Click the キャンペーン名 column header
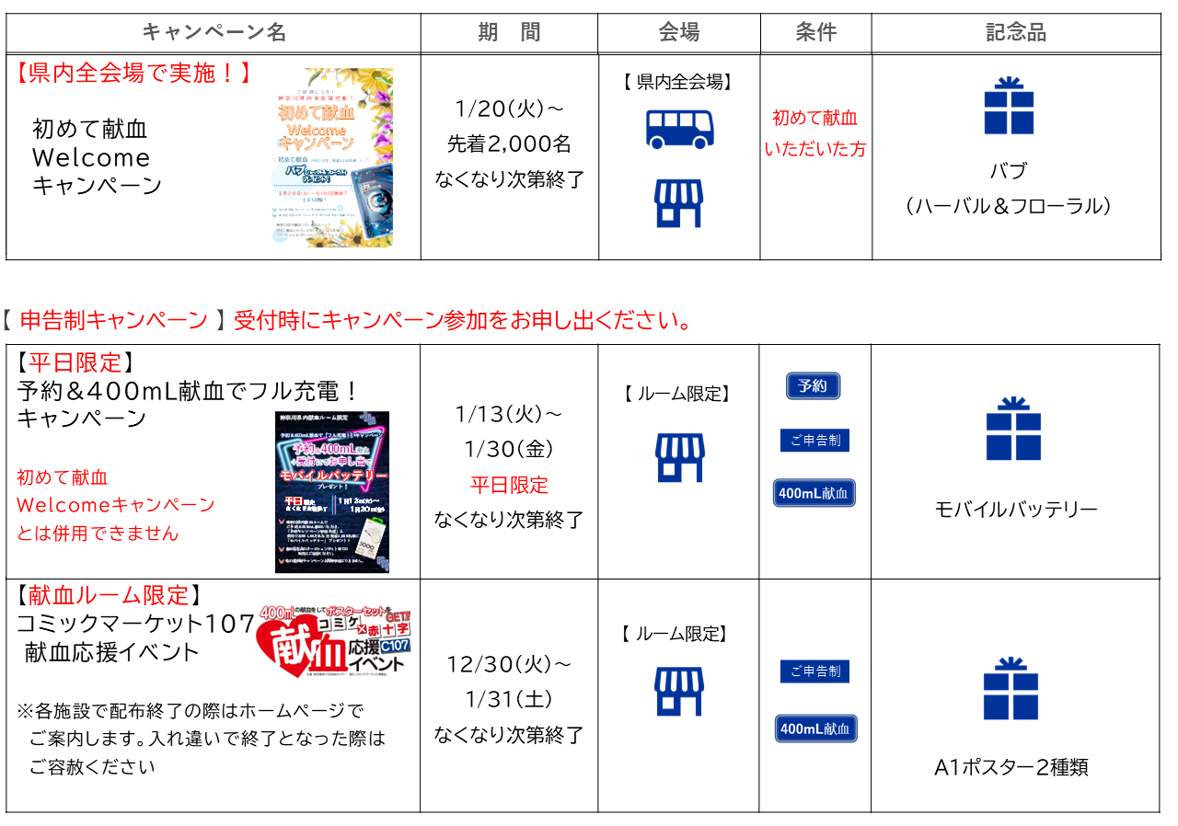click(x=214, y=33)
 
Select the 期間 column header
click(x=509, y=33)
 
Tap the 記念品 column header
click(x=1016, y=33)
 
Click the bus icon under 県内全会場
click(x=679, y=129)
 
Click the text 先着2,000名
click(x=509, y=143)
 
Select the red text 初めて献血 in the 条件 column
click(x=814, y=118)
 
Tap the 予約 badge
click(x=813, y=386)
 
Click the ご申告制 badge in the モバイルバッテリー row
click(x=814, y=441)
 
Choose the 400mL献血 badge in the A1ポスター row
click(x=815, y=728)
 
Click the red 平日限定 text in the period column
click(x=509, y=485)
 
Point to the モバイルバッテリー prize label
click(x=1016, y=510)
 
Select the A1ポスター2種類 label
click(x=1011, y=767)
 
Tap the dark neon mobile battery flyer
click(x=332, y=491)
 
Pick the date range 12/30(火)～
click(x=509, y=664)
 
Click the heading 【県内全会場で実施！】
click(x=133, y=74)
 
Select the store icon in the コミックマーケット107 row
click(x=679, y=692)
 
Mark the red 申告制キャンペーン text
click(x=114, y=320)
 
